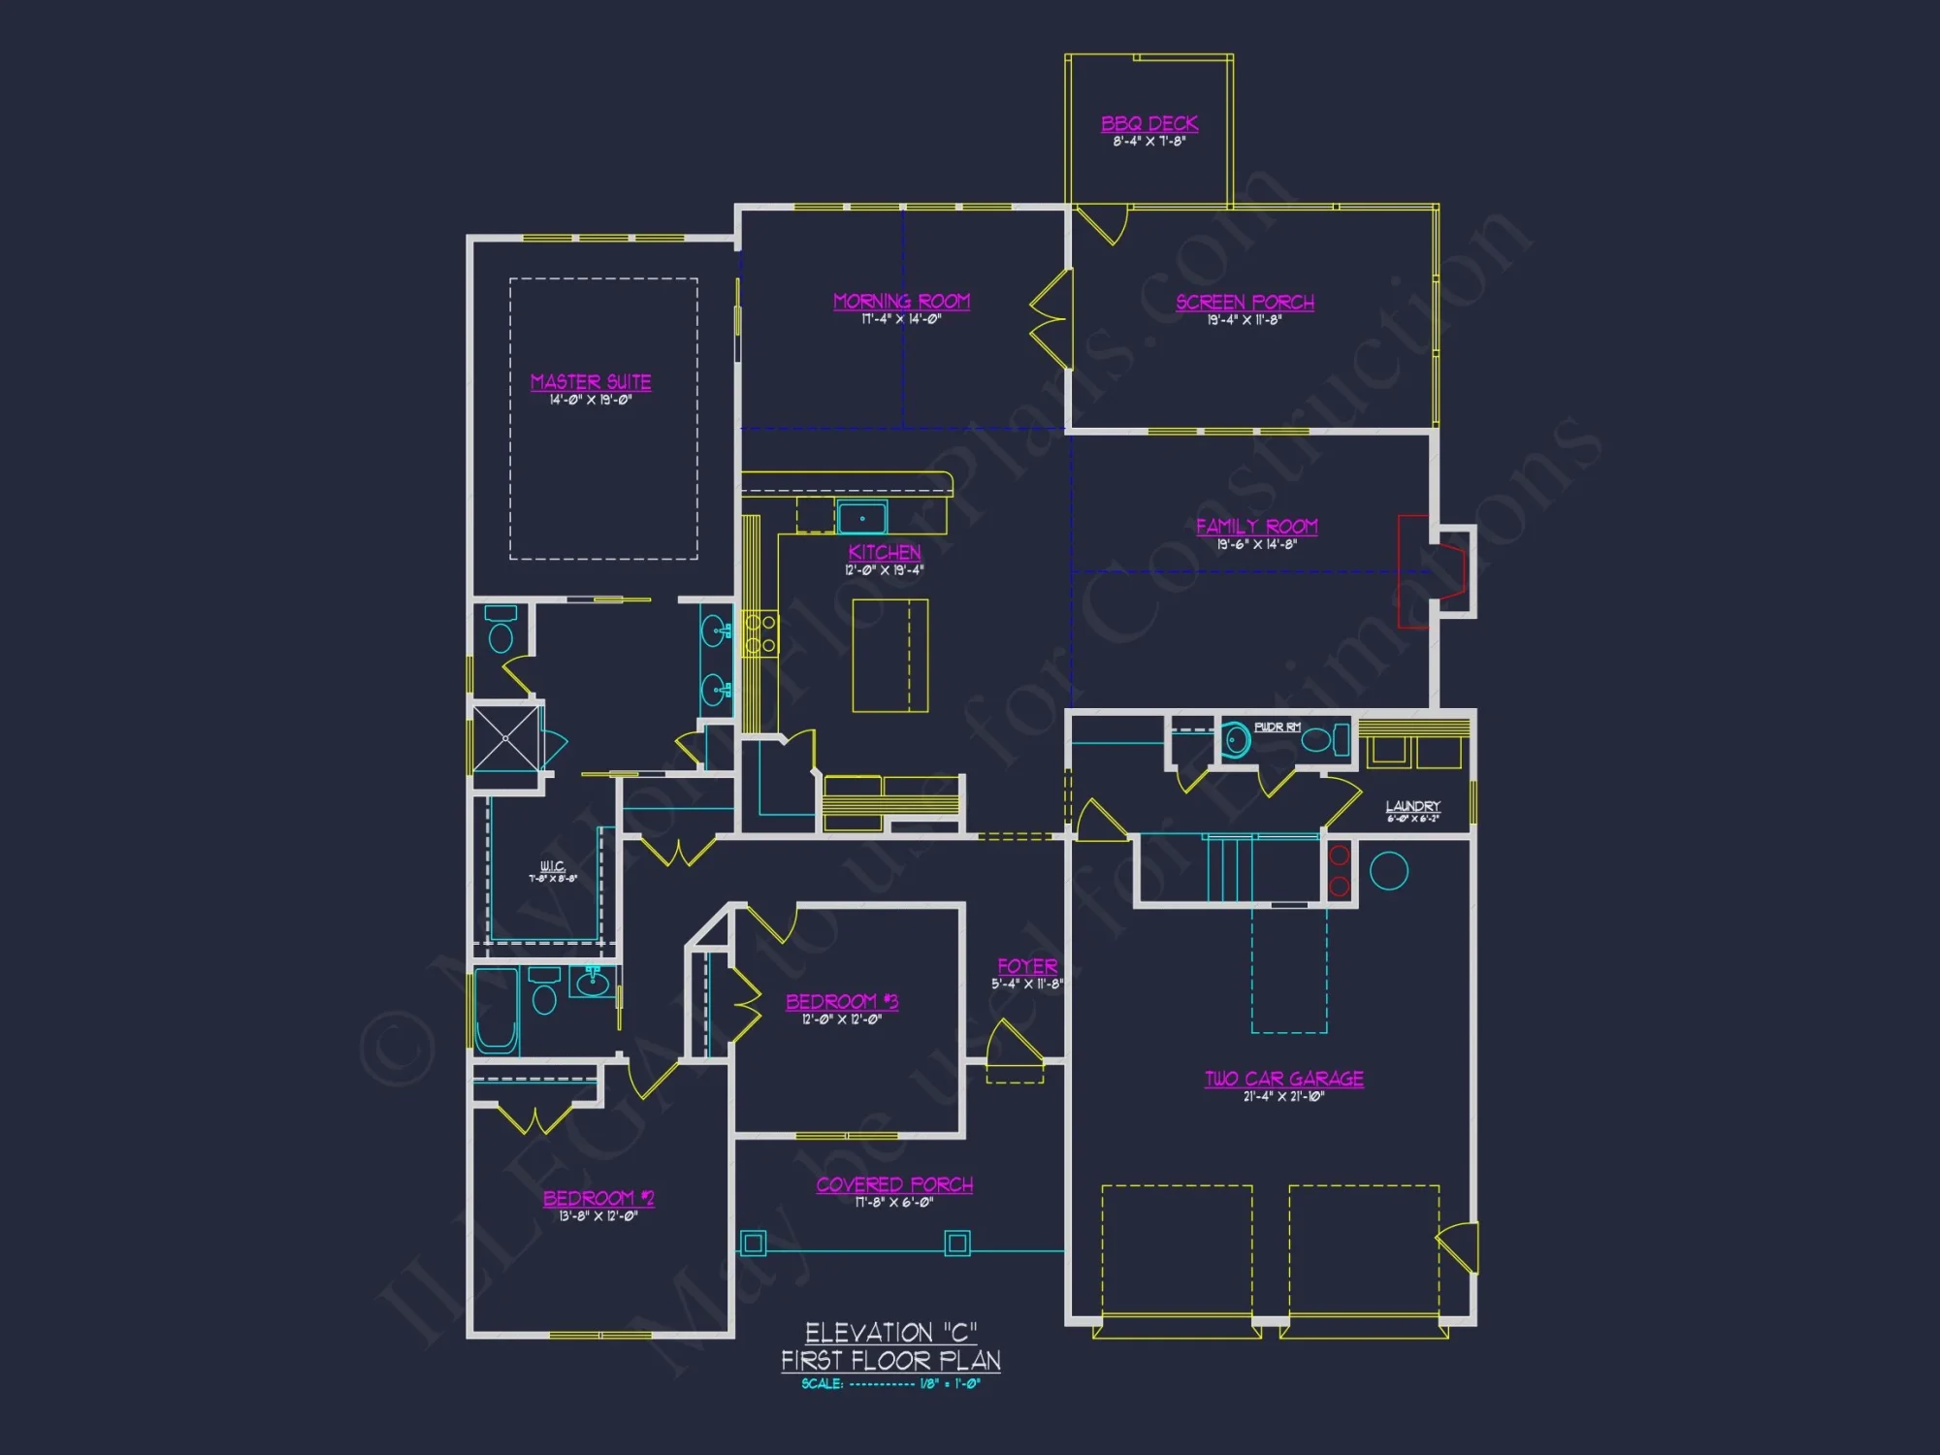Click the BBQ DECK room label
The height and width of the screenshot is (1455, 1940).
click(1149, 124)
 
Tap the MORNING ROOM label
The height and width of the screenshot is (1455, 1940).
click(901, 302)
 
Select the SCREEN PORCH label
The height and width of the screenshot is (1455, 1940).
click(1245, 303)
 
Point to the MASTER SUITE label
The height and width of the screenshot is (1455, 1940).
click(591, 382)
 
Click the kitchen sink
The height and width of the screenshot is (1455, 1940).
click(862, 519)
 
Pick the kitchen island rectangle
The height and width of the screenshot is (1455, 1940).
click(889, 656)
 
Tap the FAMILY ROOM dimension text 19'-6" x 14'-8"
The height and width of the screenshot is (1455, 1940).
click(1256, 545)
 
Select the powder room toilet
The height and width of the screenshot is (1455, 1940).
click(1235, 741)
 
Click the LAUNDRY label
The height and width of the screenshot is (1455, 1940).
click(1412, 806)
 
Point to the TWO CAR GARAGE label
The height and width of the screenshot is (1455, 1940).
click(1283, 1079)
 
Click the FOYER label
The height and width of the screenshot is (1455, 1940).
click(1027, 967)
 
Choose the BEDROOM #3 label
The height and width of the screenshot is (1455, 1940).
click(842, 1002)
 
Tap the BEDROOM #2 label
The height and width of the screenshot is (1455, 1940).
click(598, 1199)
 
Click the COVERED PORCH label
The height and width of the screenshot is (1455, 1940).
click(894, 1185)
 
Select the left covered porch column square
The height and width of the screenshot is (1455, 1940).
click(754, 1243)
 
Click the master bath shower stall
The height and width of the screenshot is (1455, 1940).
click(505, 738)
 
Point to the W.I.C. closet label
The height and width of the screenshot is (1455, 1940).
click(552, 866)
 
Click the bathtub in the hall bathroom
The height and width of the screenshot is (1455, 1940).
click(496, 1011)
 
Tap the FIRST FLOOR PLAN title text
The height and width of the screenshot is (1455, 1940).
click(890, 1361)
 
